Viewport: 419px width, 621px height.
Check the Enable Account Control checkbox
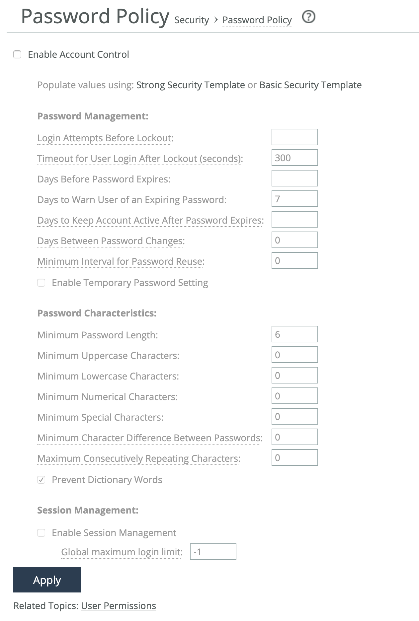pyautogui.click(x=17, y=54)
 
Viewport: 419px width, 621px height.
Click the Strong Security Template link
pyautogui.click(x=190, y=85)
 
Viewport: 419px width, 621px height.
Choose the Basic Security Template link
pyautogui.click(x=310, y=85)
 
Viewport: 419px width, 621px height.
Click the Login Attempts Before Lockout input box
pyautogui.click(x=294, y=137)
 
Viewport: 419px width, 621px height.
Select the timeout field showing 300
pyautogui.click(x=294, y=158)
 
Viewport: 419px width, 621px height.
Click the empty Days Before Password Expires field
pyautogui.click(x=294, y=178)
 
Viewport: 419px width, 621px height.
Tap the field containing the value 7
pyautogui.click(x=294, y=199)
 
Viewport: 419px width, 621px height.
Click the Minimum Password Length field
pyautogui.click(x=294, y=334)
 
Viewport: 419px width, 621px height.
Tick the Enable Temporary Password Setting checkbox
pyautogui.click(x=41, y=283)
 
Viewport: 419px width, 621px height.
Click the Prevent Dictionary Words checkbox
pyautogui.click(x=41, y=480)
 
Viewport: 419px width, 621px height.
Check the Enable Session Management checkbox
pyautogui.click(x=41, y=533)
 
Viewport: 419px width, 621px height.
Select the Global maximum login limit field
pyautogui.click(x=213, y=552)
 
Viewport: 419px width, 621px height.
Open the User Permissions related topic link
pyautogui.click(x=118, y=606)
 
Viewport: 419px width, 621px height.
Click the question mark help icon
pyautogui.click(x=309, y=17)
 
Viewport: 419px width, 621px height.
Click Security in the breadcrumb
pyautogui.click(x=192, y=20)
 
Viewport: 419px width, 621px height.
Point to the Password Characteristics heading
pyautogui.click(x=97, y=313)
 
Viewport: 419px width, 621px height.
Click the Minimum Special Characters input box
pyautogui.click(x=294, y=416)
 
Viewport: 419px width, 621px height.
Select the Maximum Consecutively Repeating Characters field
pyautogui.click(x=294, y=457)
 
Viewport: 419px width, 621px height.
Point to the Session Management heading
pyautogui.click(x=88, y=510)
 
